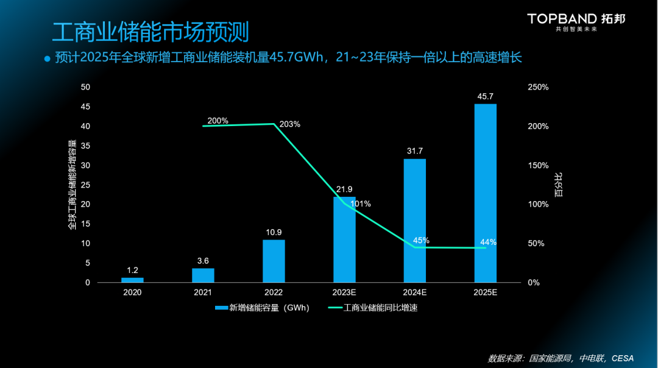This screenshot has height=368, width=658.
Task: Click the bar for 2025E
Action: pyautogui.click(x=486, y=193)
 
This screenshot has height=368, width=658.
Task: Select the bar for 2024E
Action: pyautogui.click(x=415, y=221)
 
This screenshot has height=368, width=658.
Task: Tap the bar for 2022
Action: pyautogui.click(x=274, y=261)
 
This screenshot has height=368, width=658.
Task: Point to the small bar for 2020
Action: pyautogui.click(x=132, y=280)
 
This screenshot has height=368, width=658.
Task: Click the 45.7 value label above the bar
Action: pyautogui.click(x=486, y=96)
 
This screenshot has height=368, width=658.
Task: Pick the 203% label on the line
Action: pyautogui.click(x=290, y=124)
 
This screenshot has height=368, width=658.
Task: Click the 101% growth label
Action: pyautogui.click(x=361, y=203)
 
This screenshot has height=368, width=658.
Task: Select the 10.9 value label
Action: pyautogui.click(x=274, y=232)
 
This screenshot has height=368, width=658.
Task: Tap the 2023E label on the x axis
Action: pyautogui.click(x=344, y=292)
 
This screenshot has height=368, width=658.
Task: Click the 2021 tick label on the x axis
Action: pyautogui.click(x=203, y=292)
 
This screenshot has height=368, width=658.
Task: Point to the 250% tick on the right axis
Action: pyautogui.click(x=538, y=87)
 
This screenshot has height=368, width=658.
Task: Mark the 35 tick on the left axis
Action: pyautogui.click(x=86, y=146)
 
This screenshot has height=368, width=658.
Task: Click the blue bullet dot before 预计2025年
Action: pyautogui.click(x=47, y=58)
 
